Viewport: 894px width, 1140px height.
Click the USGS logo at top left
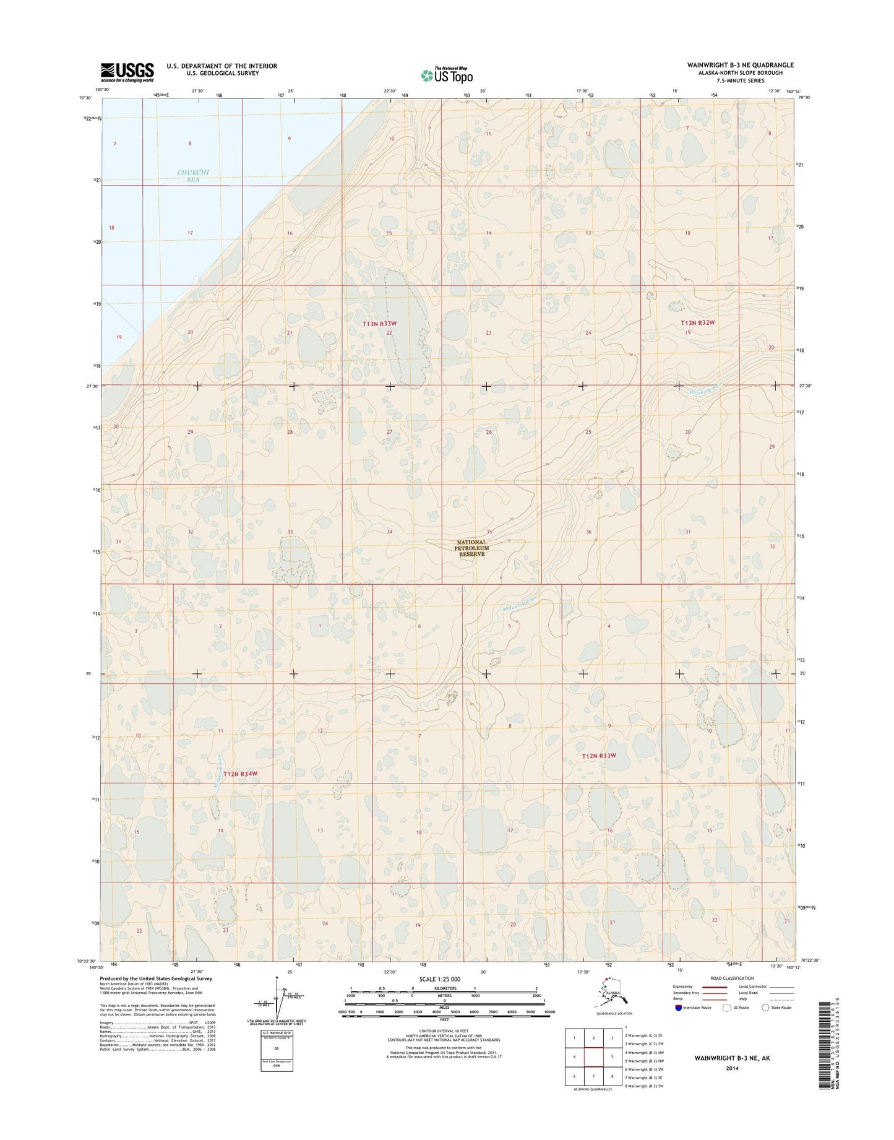(127, 72)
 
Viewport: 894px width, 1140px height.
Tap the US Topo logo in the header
(447, 75)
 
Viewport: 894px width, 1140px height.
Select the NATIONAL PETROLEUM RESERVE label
(471, 548)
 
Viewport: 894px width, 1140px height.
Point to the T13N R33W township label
(379, 324)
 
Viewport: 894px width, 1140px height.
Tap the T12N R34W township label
(240, 774)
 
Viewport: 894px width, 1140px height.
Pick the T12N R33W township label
(599, 756)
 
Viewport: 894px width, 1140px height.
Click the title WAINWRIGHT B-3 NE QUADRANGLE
(740, 65)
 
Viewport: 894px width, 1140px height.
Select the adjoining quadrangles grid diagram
(593, 1057)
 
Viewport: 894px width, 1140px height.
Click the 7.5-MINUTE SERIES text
(740, 80)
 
